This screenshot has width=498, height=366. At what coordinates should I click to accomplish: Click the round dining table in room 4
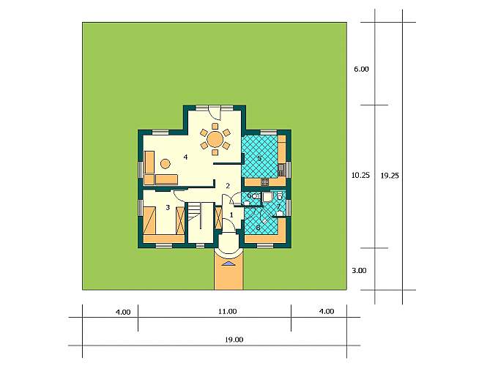[215, 139]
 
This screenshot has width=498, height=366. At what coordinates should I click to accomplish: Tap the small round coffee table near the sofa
[166, 164]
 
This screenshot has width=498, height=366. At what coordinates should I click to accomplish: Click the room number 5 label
[259, 158]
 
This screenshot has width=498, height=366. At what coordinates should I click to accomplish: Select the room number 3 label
[168, 208]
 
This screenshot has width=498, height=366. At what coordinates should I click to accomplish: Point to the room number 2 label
[228, 186]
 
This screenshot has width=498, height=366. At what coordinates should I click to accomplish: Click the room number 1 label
[231, 215]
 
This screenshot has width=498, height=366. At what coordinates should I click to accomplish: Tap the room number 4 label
[185, 157]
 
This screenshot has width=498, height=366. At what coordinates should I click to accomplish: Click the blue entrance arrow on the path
[228, 263]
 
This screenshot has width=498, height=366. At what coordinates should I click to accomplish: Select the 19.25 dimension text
[390, 176]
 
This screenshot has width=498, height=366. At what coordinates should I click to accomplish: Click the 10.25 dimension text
[361, 175]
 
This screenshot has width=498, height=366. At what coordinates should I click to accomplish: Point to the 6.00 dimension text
[362, 69]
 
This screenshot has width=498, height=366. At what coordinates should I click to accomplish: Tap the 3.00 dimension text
[359, 270]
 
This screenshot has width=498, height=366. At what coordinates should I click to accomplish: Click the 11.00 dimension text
[228, 311]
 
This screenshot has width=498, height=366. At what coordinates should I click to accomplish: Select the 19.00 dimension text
[234, 340]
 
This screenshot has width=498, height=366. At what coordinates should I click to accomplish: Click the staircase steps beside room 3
[194, 212]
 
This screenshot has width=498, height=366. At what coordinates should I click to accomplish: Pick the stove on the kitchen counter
[265, 182]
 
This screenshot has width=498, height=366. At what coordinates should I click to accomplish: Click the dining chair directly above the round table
[215, 126]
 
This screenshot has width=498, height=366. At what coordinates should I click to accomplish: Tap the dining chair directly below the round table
[215, 152]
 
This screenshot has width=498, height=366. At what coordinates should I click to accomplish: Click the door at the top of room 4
[214, 111]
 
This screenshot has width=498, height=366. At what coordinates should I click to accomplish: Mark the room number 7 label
[278, 206]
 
